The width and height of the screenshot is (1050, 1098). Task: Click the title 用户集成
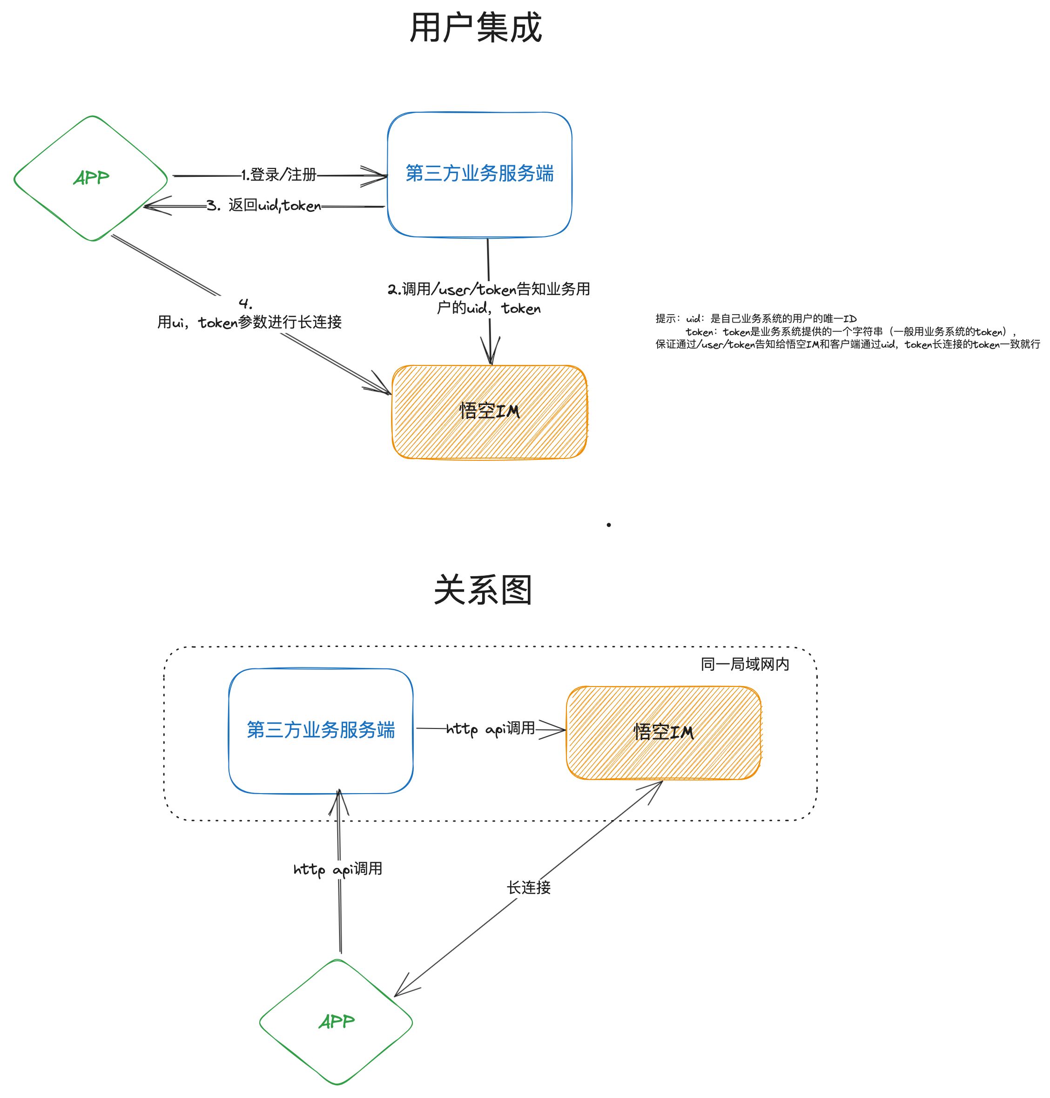[x=476, y=27]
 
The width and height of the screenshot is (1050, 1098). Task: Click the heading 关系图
[x=483, y=589]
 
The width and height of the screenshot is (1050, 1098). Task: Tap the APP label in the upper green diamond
[x=91, y=178]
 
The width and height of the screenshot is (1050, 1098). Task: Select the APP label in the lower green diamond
[x=337, y=1021]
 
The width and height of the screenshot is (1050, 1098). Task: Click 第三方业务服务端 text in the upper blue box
[x=480, y=173]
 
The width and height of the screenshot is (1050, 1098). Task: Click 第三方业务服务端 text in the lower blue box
[x=321, y=729]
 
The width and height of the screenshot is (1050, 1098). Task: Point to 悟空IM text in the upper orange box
[x=489, y=411]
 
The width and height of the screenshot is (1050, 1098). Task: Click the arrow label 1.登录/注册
[x=279, y=175]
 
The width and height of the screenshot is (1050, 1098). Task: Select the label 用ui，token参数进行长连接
[x=249, y=322]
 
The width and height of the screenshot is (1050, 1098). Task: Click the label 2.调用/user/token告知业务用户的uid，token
[x=489, y=298]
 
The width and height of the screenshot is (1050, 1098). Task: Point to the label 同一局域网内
[x=745, y=664]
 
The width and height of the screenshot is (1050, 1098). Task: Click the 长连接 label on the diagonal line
[x=529, y=888]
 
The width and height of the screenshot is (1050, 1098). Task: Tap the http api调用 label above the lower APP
[x=338, y=869]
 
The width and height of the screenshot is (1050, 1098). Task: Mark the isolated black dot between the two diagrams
[x=608, y=525]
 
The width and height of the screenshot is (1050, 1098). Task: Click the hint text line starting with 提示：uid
[x=756, y=319]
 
